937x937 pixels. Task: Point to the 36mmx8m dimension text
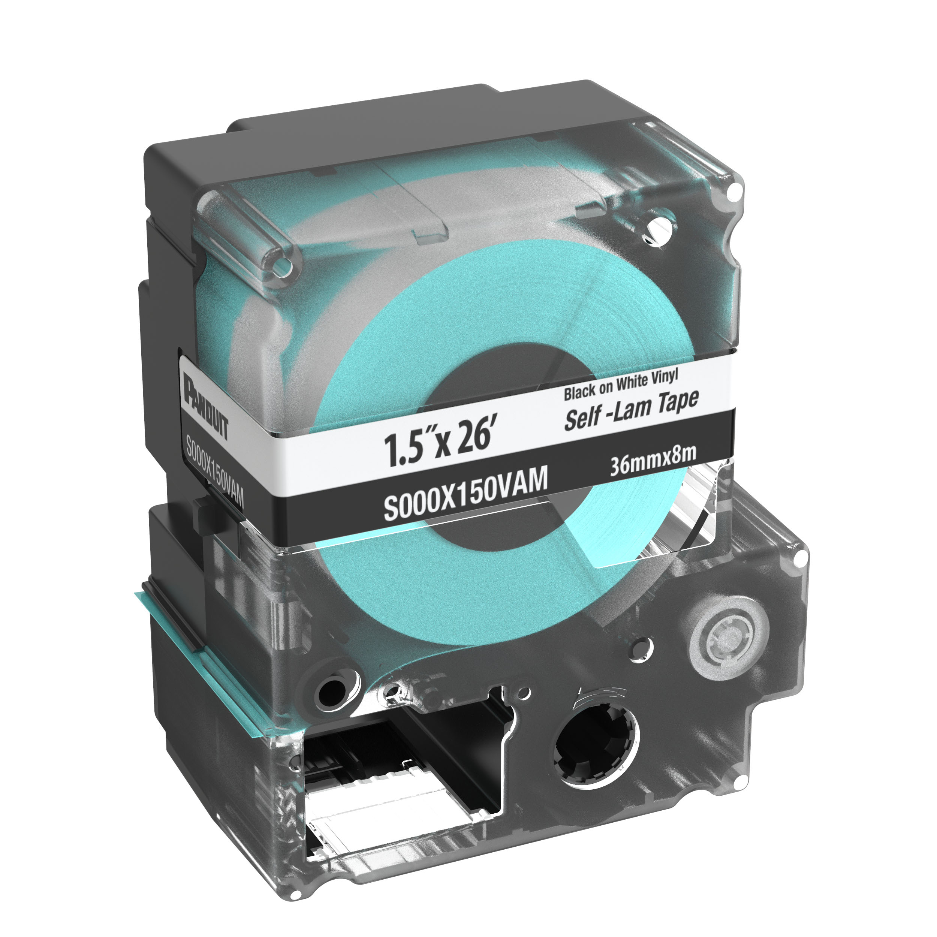coord(653,459)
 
